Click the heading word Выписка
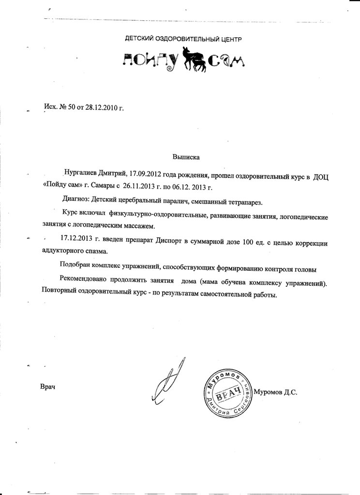tap(186, 157)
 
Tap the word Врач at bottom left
tap(48, 387)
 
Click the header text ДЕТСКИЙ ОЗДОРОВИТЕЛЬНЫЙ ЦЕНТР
tap(183, 38)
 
